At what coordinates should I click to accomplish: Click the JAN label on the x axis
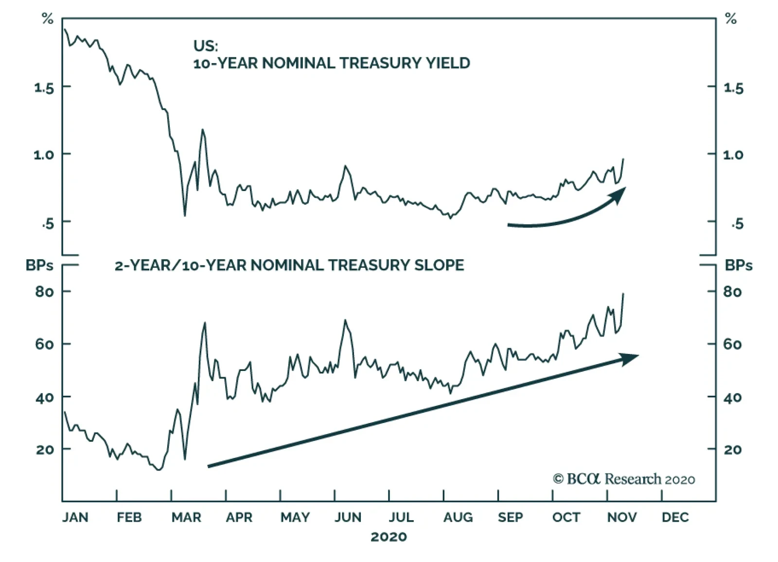[x=75, y=517]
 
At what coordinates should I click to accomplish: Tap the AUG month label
[x=458, y=517]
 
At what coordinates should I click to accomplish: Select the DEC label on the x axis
[x=675, y=517]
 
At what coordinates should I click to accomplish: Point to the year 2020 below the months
[x=389, y=537]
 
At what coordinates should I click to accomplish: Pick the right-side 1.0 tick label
[x=733, y=155]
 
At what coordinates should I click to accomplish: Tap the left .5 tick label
[x=48, y=224]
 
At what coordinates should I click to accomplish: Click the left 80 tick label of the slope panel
[x=45, y=292]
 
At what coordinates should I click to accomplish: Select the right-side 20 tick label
[x=733, y=450]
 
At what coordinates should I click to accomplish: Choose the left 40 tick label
[x=45, y=398]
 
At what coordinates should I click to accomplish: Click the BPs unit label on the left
[x=40, y=265]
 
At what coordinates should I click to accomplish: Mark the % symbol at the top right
[x=731, y=19]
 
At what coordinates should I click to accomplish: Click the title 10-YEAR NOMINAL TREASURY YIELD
[x=332, y=63]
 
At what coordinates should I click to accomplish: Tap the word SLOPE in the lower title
[x=439, y=265]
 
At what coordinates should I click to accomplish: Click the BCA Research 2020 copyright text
[x=624, y=479]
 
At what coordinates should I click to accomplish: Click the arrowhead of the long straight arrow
[x=631, y=358]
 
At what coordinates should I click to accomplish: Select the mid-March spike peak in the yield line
[x=202, y=130]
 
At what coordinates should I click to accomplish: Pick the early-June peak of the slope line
[x=345, y=320]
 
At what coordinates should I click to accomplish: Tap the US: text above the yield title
[x=206, y=46]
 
